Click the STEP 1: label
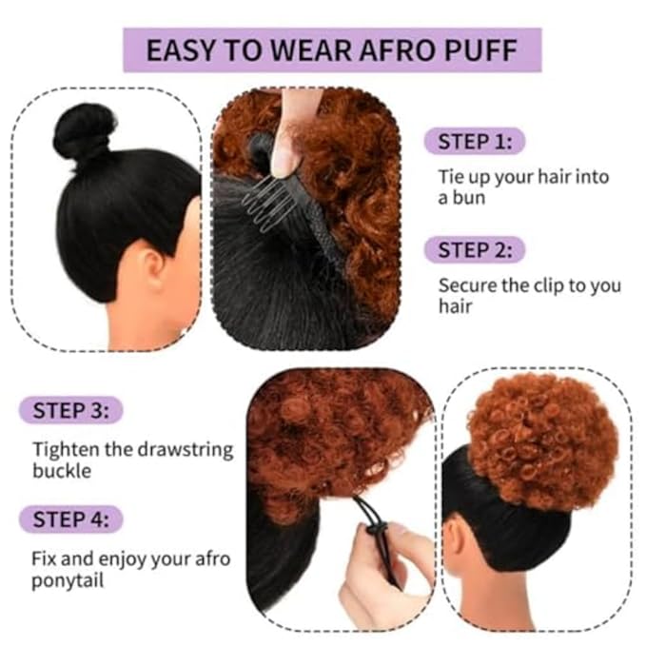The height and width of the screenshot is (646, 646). (474, 143)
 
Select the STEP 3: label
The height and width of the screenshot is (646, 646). (70, 411)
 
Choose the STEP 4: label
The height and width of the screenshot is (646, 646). (70, 519)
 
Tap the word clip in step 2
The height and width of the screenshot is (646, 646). (545, 285)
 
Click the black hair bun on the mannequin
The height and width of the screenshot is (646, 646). (84, 131)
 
